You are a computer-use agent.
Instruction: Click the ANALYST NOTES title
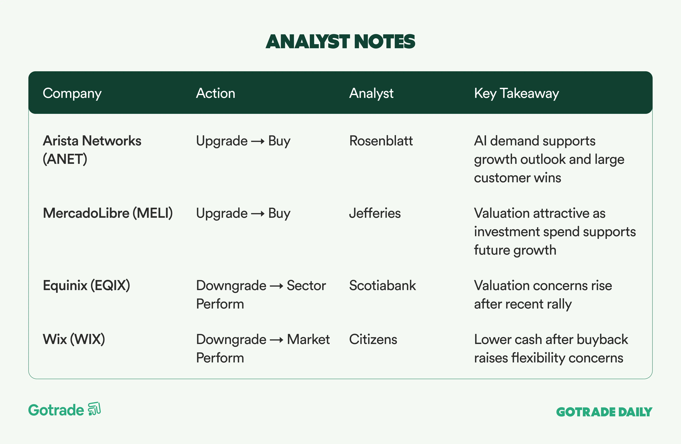coord(340,42)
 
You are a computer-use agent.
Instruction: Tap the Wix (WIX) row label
coord(74,339)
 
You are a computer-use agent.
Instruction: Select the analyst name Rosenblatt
coord(381,141)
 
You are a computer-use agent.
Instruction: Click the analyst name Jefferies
coord(375,213)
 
